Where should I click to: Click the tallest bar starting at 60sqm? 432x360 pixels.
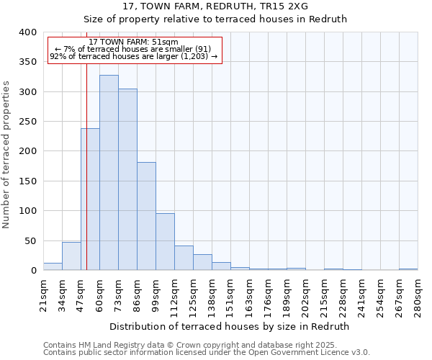point(109,173)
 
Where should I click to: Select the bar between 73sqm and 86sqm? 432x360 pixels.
point(127,180)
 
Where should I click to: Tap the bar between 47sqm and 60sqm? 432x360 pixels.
point(90,199)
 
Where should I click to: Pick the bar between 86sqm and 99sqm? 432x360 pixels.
point(146,216)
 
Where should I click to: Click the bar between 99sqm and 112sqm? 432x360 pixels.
point(165,242)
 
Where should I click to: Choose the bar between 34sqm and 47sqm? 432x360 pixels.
point(71,256)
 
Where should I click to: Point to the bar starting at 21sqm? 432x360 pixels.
point(53,266)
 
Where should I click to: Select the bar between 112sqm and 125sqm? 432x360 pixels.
point(184,258)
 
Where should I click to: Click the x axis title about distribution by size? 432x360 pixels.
point(230,326)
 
